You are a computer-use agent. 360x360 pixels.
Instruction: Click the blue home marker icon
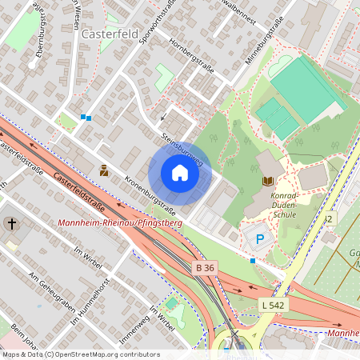[x=180, y=173]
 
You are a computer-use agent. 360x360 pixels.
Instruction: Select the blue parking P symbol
[x=259, y=238]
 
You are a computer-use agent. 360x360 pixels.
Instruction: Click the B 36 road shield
[x=205, y=267]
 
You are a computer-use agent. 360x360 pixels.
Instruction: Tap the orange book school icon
[x=267, y=182]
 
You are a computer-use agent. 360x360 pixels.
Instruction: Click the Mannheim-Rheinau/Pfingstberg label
[x=120, y=222]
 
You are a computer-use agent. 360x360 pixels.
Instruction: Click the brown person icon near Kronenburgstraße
[x=104, y=170]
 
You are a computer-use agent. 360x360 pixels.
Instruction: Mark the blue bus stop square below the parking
[x=253, y=261]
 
